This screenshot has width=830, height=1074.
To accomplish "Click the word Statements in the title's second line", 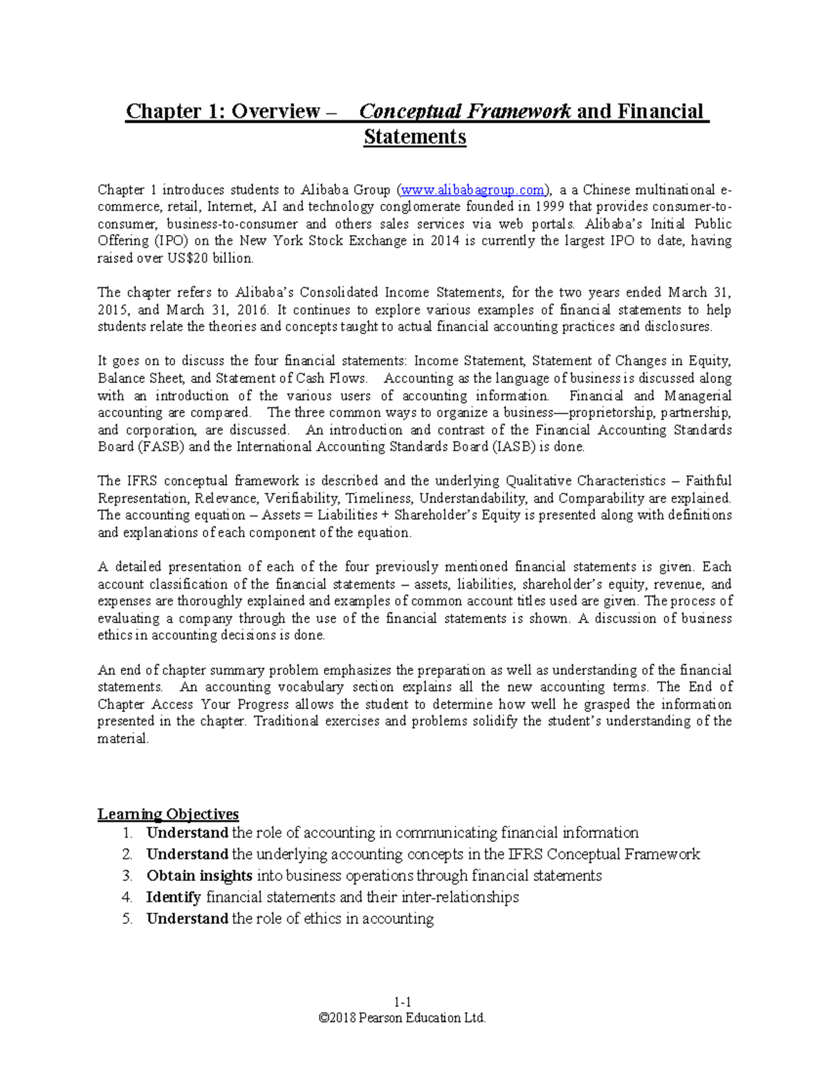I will pyautogui.click(x=415, y=137).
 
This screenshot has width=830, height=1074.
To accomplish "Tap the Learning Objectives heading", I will pyautogui.click(x=168, y=814).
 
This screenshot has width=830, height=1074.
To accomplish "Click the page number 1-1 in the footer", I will pyautogui.click(x=403, y=1002).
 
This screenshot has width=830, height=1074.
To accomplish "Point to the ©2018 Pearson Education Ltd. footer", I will pyautogui.click(x=403, y=1017).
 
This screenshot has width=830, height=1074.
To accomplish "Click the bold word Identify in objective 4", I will pyautogui.click(x=174, y=897).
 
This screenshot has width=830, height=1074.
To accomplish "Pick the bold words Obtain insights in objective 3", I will pyautogui.click(x=199, y=876).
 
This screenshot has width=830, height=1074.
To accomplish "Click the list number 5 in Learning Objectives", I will pyautogui.click(x=127, y=918).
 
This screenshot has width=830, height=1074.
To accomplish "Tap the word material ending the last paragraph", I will pyautogui.click(x=122, y=738).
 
